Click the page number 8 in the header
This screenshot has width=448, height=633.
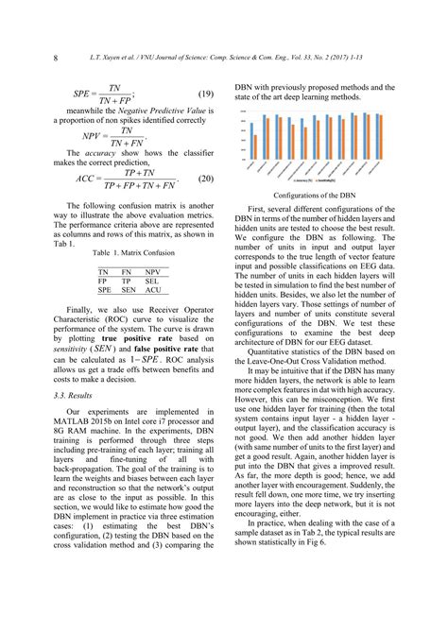click(55, 60)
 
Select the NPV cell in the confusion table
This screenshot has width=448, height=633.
click(153, 270)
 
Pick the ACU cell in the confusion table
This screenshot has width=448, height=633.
click(153, 291)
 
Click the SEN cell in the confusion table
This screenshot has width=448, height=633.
click(128, 291)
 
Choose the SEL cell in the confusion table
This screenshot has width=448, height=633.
click(153, 281)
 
